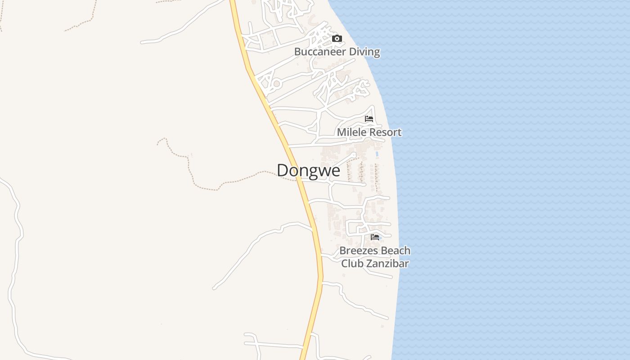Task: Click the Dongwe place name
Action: [308, 171]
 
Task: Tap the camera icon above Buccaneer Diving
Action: [337, 39]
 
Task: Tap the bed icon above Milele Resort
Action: [369, 119]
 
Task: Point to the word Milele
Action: [350, 132]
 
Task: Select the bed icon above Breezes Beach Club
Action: [374, 237]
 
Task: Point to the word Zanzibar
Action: [387, 264]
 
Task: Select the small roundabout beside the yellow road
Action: [276, 84]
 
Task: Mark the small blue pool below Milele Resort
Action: [377, 154]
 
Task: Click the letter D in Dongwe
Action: [282, 171]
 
